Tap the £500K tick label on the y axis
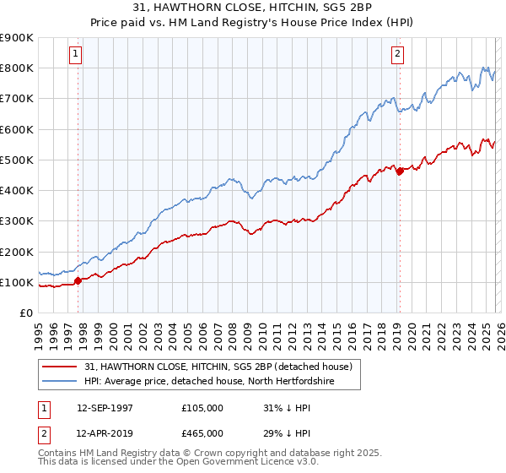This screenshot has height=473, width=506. coord(17,160)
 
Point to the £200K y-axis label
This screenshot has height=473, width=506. coord(17,252)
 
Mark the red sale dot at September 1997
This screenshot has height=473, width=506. coord(78,280)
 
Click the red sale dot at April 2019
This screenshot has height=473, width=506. coord(400,171)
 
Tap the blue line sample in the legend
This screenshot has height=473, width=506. coord(61,381)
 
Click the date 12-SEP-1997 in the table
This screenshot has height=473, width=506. coord(105,407)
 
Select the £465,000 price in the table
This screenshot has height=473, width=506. coord(202,432)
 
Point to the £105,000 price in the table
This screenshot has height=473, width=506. coord(202,407)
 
